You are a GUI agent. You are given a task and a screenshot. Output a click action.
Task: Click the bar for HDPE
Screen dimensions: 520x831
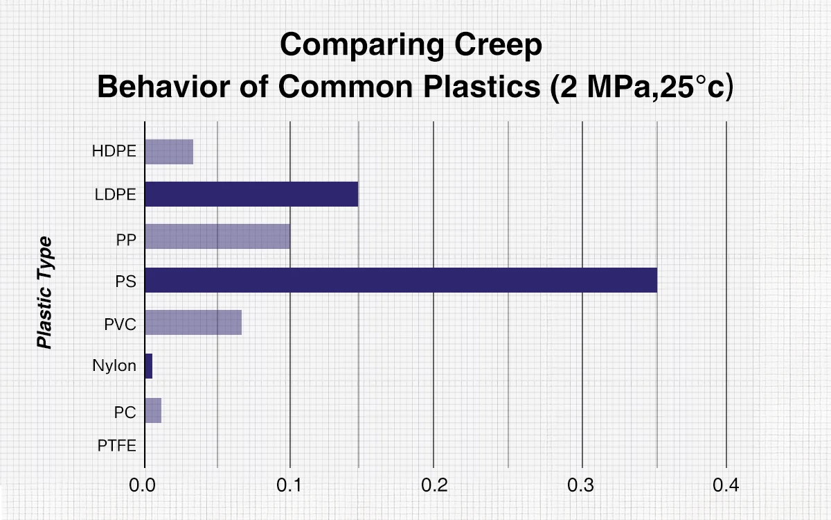(169, 151)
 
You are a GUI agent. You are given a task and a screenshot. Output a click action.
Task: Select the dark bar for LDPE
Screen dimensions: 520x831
(251, 194)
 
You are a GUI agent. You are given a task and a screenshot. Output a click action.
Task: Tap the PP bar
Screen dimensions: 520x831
(217, 236)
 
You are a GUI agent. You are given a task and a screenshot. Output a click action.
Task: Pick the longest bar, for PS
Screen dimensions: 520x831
(401, 279)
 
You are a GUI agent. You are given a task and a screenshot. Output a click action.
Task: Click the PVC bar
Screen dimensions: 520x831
(193, 322)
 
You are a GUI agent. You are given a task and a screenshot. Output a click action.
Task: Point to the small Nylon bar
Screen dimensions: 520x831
(148, 365)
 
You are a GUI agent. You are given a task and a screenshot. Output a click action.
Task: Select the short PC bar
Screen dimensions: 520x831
(153, 410)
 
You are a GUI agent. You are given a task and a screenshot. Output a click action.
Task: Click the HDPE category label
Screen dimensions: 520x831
(114, 151)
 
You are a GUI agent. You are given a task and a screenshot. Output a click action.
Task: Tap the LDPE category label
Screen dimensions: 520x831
(115, 195)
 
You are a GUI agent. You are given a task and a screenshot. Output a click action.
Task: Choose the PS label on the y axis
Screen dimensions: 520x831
(125, 281)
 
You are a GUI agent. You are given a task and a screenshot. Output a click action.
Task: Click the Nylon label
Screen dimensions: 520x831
(114, 366)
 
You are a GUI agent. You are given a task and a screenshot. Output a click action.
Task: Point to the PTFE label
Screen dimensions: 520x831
(117, 445)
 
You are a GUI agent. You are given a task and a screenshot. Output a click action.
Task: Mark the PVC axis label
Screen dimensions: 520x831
(120, 324)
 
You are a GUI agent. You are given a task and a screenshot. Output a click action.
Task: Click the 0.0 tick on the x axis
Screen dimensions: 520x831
(143, 485)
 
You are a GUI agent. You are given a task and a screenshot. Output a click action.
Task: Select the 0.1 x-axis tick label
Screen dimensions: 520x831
(289, 485)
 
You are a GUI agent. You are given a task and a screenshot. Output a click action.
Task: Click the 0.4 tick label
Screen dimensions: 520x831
(726, 485)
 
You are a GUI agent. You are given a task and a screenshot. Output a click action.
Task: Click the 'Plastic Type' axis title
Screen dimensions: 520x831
(45, 292)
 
